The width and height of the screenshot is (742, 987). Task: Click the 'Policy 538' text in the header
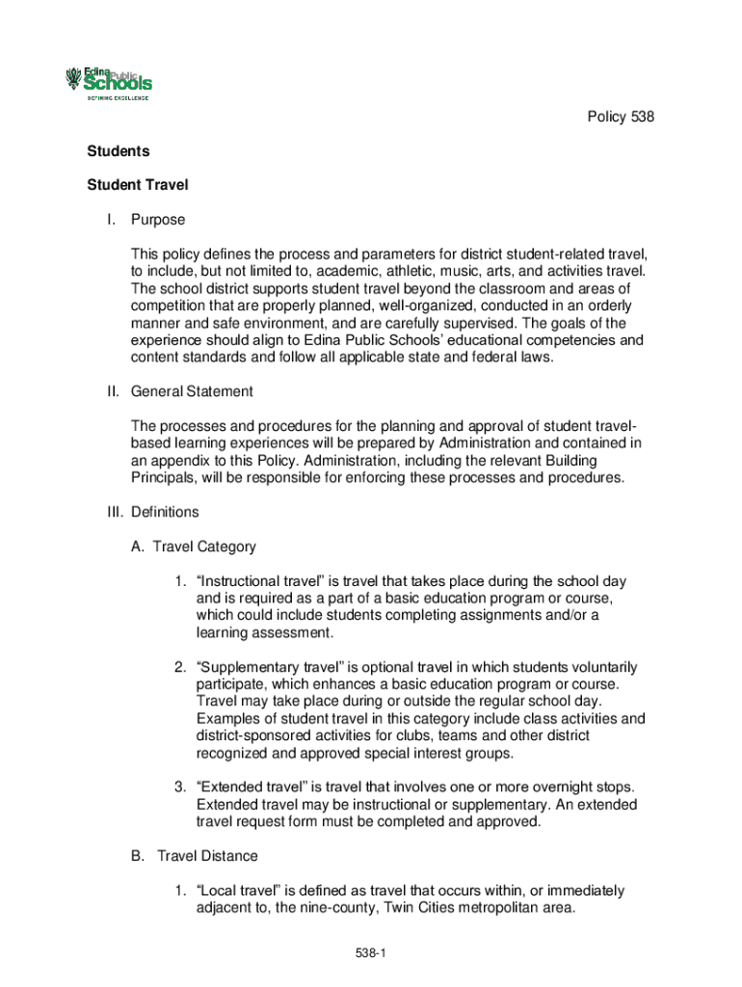(622, 118)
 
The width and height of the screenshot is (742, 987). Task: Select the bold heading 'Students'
(119, 151)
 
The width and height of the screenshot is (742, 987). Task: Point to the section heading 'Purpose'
(158, 220)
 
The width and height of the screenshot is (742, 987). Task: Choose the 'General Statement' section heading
(193, 391)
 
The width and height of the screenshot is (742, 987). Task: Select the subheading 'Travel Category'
(204, 547)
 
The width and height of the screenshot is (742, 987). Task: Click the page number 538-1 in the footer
(370, 953)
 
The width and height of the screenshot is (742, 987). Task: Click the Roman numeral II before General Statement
(112, 391)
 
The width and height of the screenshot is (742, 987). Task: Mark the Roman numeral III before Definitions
(113, 512)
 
